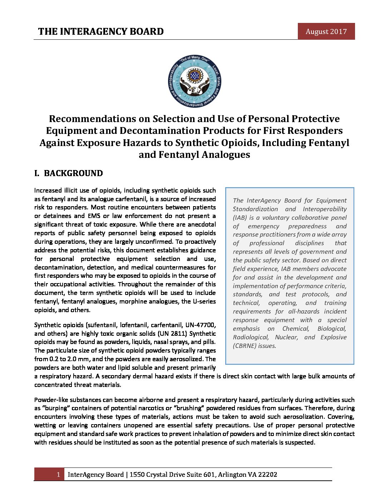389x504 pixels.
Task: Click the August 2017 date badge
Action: coord(326,31)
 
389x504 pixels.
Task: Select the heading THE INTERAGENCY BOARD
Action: coord(101,31)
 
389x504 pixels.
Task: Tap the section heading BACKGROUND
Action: coord(73,174)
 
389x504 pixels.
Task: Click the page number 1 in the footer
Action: coord(58,475)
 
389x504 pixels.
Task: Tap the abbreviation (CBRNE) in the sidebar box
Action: coord(254,346)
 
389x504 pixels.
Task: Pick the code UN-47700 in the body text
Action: coord(200,325)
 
